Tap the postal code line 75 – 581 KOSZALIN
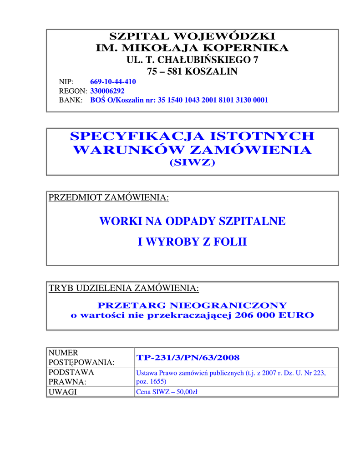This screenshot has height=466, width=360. point(192,71)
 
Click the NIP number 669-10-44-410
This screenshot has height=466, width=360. point(113,82)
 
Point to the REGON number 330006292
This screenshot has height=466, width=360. point(107,91)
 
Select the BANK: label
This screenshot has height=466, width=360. point(71,100)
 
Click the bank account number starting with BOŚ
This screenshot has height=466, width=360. point(179,100)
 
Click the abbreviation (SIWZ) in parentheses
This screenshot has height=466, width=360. point(192,162)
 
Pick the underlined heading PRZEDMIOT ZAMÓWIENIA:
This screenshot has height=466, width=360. point(109,198)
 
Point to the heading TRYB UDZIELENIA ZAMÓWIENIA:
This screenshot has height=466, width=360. point(124,288)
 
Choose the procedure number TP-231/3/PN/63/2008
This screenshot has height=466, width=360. point(188,357)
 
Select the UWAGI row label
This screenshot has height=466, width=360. point(63,392)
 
